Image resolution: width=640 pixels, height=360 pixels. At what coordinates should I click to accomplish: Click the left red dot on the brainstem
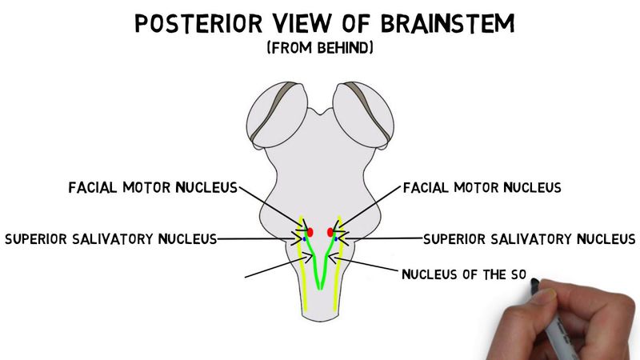[311, 231]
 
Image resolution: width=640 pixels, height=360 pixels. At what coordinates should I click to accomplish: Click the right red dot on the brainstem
[330, 232]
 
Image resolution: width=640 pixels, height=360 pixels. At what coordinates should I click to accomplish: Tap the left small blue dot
[305, 238]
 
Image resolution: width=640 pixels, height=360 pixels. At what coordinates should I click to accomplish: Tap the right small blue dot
[335, 238]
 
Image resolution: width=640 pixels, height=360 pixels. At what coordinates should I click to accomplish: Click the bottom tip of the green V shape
[319, 286]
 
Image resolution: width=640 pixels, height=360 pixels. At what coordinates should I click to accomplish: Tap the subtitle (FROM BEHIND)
[320, 49]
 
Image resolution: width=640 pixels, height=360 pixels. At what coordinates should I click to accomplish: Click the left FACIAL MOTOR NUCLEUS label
[152, 188]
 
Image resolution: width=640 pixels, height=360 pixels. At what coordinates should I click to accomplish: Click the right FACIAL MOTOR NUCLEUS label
[482, 188]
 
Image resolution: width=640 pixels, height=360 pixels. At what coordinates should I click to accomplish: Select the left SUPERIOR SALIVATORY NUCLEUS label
[110, 238]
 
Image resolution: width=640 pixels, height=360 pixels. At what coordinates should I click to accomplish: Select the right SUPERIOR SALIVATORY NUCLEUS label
[529, 238]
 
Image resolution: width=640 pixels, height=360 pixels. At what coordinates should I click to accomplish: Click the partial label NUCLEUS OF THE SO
[464, 276]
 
